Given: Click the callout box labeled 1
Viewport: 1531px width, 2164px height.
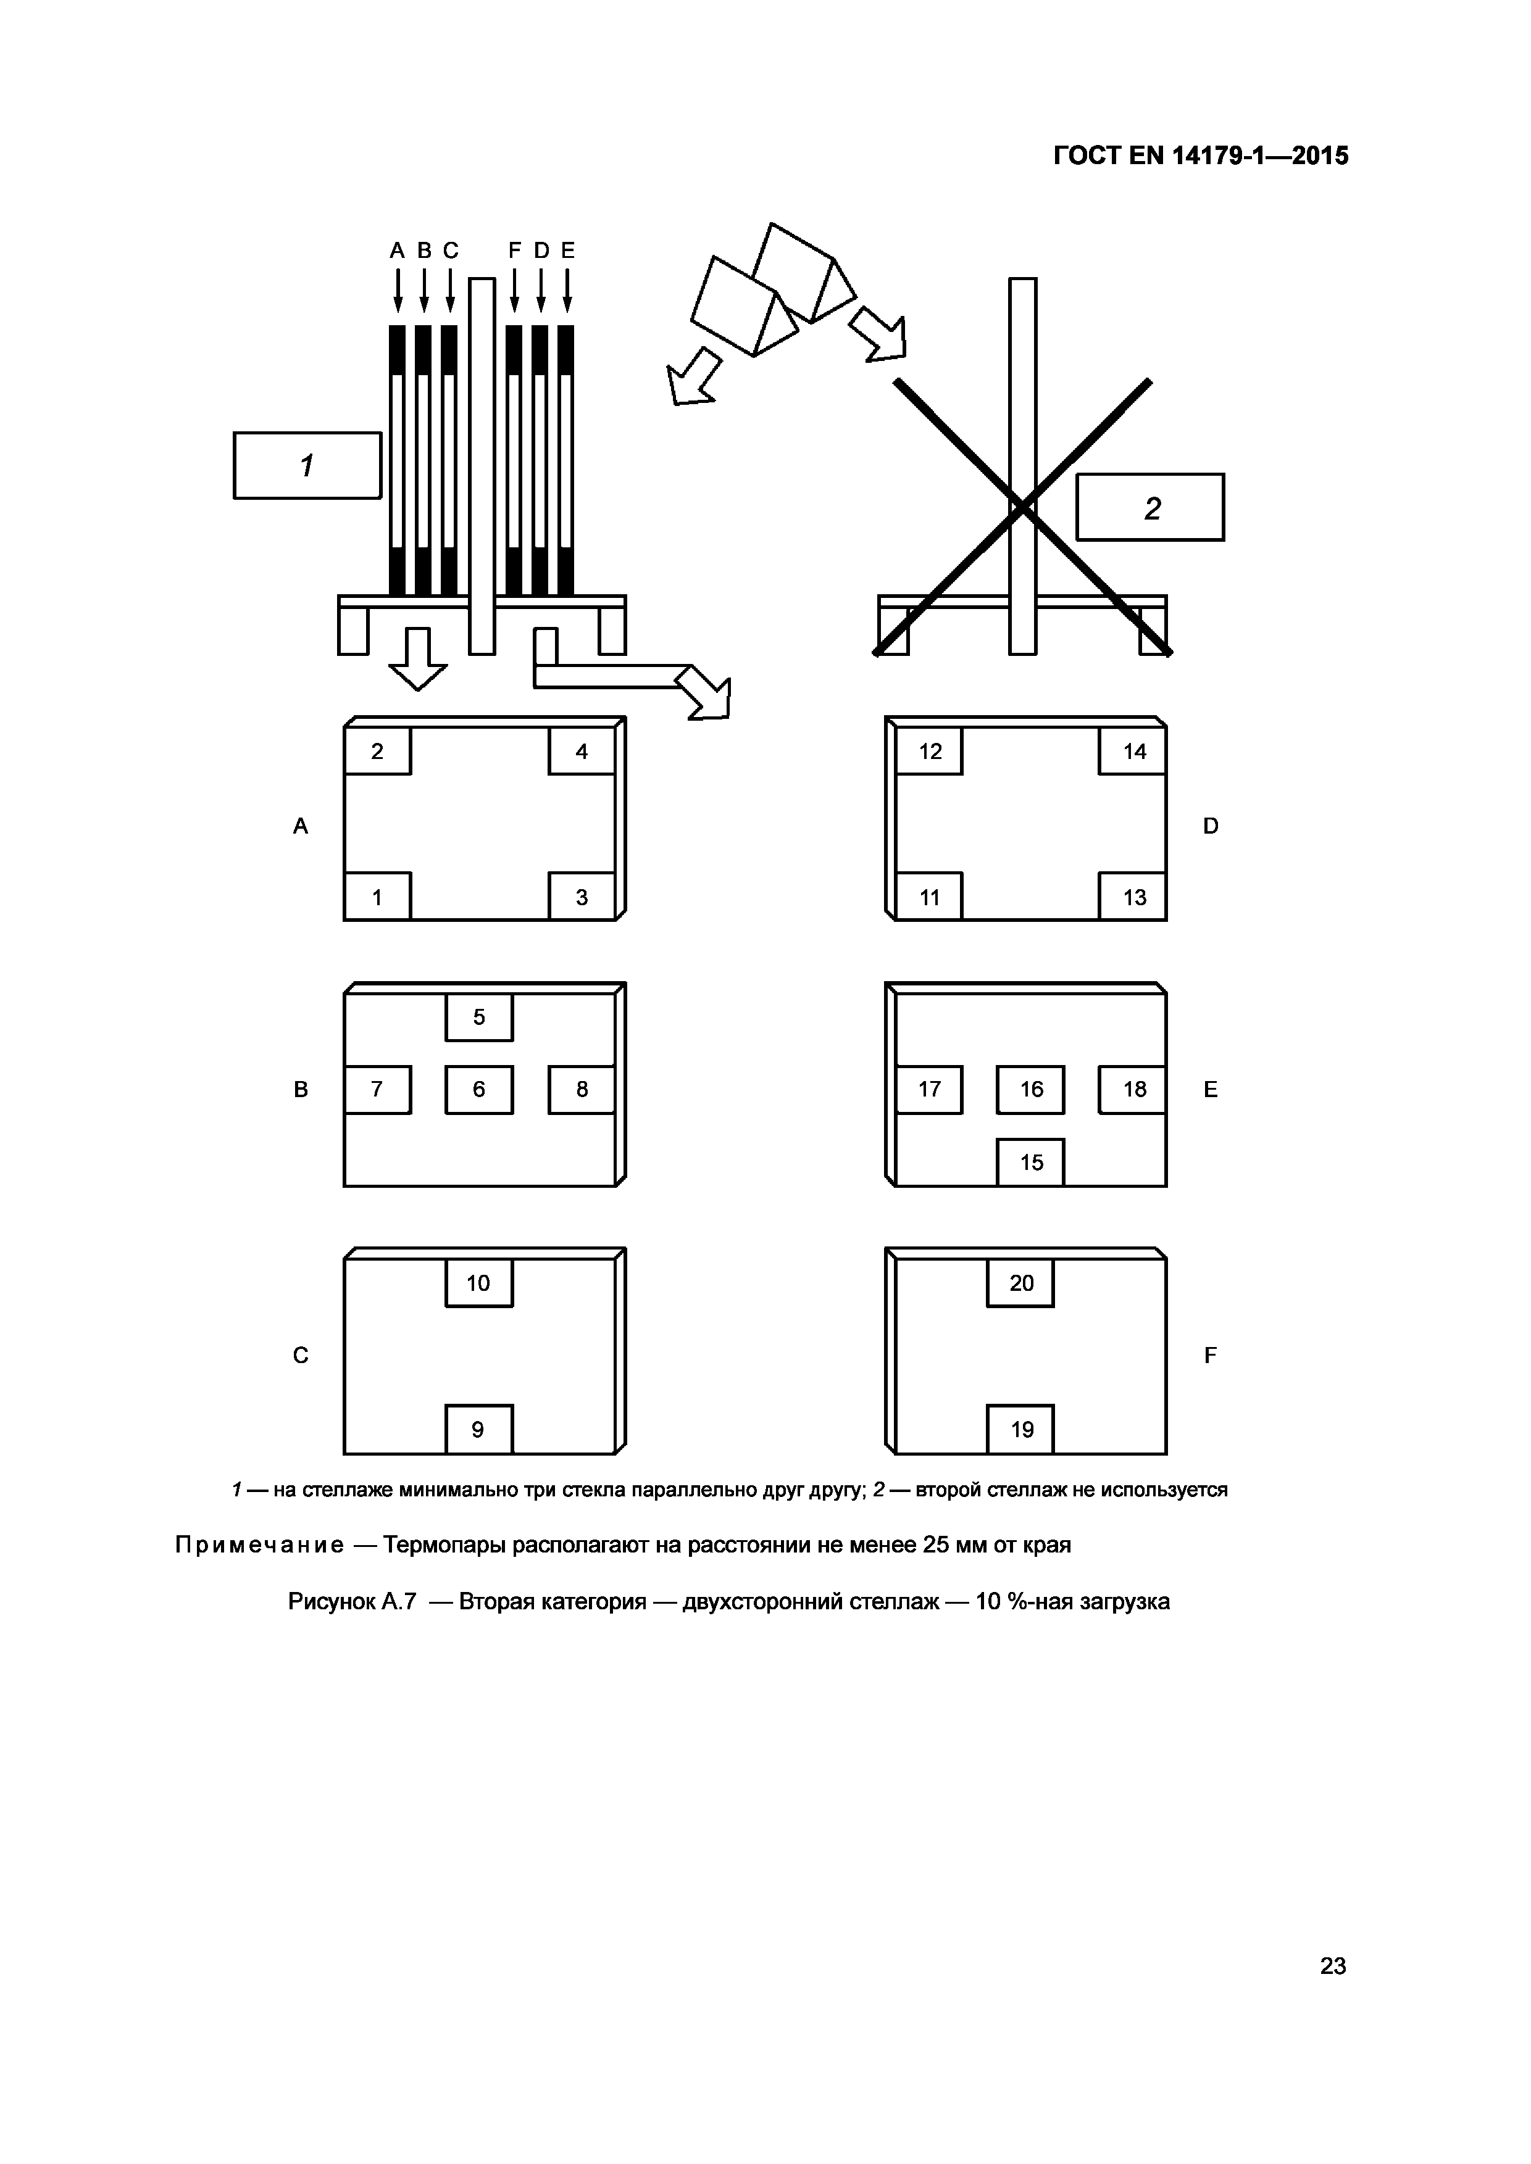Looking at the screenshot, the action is point(307,466).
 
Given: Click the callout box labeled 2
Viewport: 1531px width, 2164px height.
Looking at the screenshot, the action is point(1150,507).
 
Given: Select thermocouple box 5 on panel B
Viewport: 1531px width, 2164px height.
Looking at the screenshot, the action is point(479,1017).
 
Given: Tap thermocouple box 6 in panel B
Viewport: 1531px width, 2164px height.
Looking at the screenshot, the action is point(479,1090).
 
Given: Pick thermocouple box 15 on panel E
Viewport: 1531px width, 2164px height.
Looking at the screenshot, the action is point(1032,1162).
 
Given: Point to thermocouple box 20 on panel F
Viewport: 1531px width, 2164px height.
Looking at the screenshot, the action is point(1021,1283).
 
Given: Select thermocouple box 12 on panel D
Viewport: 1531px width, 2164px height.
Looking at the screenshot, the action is point(930,751).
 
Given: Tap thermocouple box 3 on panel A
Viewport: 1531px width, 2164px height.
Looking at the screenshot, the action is point(582,897).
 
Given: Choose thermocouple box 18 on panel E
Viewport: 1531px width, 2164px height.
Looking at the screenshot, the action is point(1133,1090).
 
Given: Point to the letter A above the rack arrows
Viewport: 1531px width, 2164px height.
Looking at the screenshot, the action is point(397,251).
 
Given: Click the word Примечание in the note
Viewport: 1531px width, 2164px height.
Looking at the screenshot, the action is point(259,1546).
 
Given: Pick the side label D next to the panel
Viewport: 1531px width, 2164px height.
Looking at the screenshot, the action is point(1211,826).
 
